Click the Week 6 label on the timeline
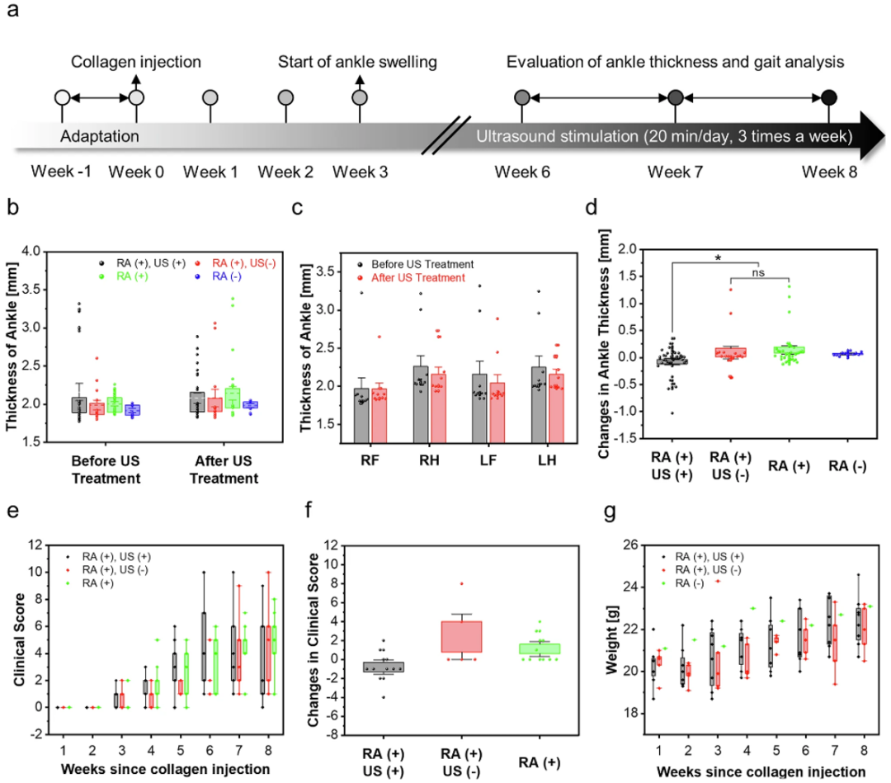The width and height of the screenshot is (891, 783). (522, 172)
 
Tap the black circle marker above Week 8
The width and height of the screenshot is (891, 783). (828, 97)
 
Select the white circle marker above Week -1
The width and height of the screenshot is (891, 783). (63, 97)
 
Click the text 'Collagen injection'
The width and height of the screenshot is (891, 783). (136, 62)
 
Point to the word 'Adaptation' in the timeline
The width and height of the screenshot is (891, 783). (100, 136)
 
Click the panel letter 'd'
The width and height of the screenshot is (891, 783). (592, 207)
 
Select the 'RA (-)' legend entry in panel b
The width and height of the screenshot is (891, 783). (227, 276)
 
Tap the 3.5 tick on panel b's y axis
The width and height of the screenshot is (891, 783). (31, 290)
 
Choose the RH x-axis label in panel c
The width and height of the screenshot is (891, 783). (429, 460)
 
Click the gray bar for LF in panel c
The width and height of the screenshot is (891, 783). (479, 408)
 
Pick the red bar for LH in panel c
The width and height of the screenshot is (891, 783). (556, 408)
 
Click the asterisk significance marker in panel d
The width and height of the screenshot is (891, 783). (719, 259)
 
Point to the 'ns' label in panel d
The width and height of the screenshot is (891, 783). (759, 273)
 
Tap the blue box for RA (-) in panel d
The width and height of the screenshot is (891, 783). (847, 354)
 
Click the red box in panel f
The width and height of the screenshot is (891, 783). (461, 636)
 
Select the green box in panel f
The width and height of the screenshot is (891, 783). (540, 649)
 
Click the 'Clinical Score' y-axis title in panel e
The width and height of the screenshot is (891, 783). (19, 639)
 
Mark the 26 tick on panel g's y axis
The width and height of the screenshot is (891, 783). (630, 545)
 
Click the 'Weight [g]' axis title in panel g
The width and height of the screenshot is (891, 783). (611, 639)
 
